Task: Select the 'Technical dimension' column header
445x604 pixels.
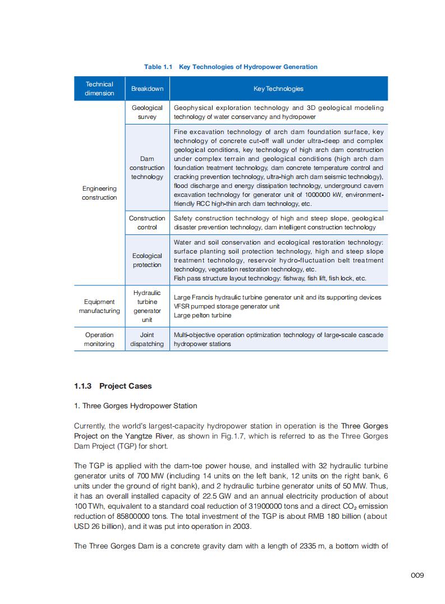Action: click(x=99, y=89)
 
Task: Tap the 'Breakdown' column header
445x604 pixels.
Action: click(x=147, y=89)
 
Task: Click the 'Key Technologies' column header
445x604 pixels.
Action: click(x=278, y=89)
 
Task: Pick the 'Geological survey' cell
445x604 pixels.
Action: click(x=147, y=112)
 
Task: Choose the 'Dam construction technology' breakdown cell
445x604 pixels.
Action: click(x=147, y=168)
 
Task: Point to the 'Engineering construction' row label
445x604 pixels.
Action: click(x=99, y=193)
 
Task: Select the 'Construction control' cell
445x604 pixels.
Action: click(x=147, y=223)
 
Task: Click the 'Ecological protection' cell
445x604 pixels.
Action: click(x=147, y=260)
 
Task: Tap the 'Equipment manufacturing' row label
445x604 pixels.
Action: click(x=99, y=306)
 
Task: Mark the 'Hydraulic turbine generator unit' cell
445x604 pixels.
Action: click(x=147, y=306)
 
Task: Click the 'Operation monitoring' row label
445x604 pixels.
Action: click(x=99, y=339)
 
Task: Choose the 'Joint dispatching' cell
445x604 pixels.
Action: click(x=147, y=339)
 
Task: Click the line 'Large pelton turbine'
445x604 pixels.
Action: click(x=203, y=315)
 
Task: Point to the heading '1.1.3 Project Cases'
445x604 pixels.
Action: click(x=113, y=386)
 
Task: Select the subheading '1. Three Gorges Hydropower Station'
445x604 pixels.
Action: click(x=135, y=405)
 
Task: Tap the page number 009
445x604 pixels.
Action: click(x=417, y=575)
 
